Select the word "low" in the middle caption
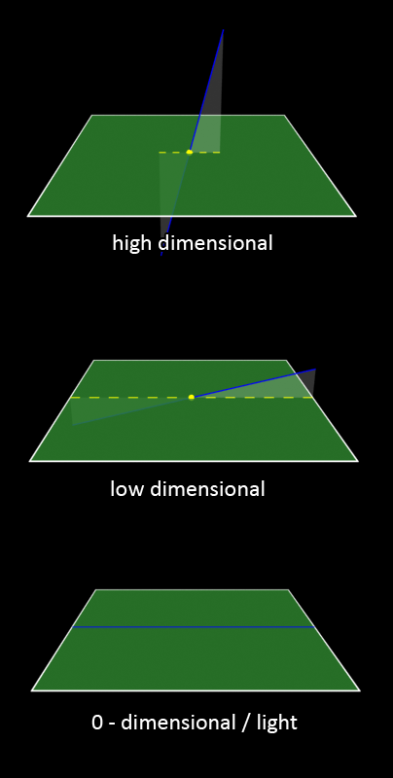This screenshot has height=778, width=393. pos(126,489)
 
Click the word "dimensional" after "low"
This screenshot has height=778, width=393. pos(207,489)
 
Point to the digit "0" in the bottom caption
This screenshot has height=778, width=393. pos(97,723)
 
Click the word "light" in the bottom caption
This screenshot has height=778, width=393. pos(277,723)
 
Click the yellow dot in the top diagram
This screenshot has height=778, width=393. pos(189,152)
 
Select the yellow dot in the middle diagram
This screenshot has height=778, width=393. pos(192,397)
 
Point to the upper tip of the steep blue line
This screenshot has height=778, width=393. pos(224,30)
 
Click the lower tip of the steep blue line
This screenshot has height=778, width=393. pos(161,255)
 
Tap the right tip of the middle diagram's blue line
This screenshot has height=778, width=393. pos(315,369)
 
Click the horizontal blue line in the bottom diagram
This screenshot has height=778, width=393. pos(194,627)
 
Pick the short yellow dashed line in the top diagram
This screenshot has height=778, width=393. pos(189,153)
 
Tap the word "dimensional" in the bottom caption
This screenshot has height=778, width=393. pos(178,723)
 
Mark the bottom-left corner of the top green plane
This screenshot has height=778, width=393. pos(28,216)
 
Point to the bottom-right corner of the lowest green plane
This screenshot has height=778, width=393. pos(359,690)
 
